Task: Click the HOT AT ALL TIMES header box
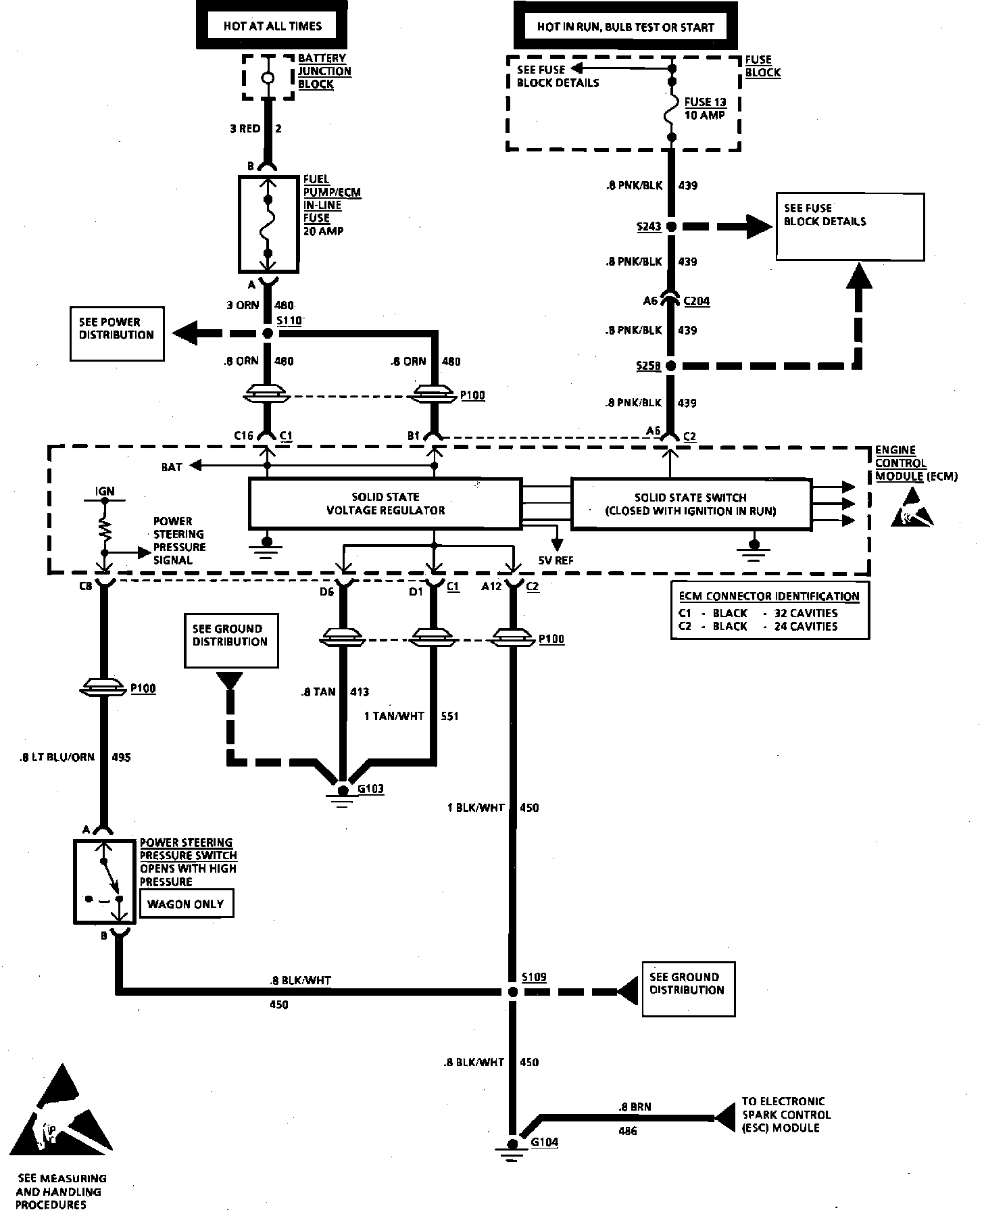coord(272,26)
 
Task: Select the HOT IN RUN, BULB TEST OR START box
coord(625,26)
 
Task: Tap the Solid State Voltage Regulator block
coord(385,504)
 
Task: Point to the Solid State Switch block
coord(691,504)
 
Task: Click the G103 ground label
coord(371,789)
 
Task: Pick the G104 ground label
coord(545,1142)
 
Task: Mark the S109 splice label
coord(534,977)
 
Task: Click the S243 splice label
coord(649,226)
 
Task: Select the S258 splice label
coord(649,366)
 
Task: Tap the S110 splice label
coord(289,320)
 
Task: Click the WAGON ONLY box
coord(186,904)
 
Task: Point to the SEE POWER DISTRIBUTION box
coord(117,334)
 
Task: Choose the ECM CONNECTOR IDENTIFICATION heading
coord(769,596)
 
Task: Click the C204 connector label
coord(697,301)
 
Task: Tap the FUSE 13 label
coord(705,102)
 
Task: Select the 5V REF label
coord(556,560)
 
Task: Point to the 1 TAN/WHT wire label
coord(395,716)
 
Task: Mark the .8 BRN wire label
coord(635,1107)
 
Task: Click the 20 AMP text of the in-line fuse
coord(323,231)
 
